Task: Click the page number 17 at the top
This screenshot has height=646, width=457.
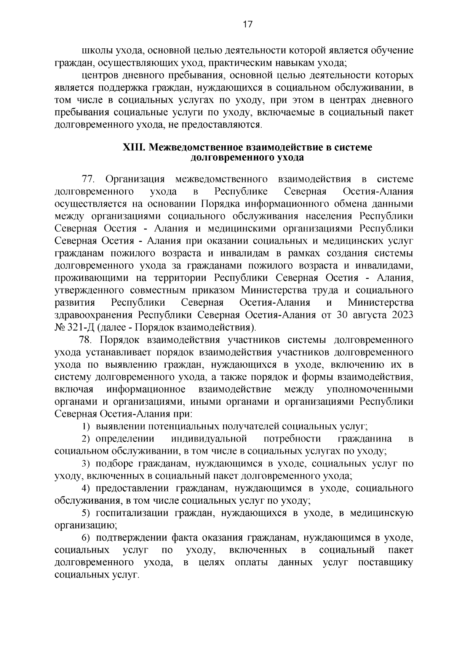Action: click(247, 25)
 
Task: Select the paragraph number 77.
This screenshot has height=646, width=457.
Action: click(90, 179)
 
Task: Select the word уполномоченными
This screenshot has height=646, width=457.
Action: click(370, 389)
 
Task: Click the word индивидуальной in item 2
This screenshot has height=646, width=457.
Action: click(209, 439)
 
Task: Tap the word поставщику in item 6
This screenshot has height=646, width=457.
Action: click(385, 563)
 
